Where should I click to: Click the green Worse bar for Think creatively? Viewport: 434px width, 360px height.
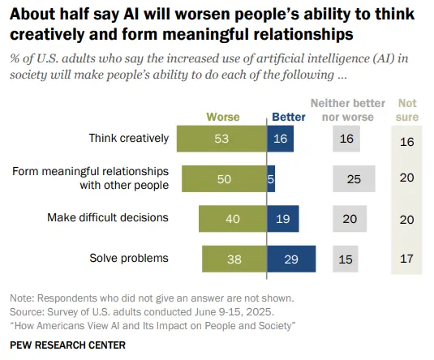click(221, 139)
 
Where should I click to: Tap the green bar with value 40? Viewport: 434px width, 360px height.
click(233, 218)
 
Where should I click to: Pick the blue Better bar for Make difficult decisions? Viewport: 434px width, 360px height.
click(282, 218)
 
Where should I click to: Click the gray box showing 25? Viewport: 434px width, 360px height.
click(354, 178)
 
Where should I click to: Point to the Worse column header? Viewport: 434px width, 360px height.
click(223, 117)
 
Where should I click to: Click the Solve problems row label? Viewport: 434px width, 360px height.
click(128, 259)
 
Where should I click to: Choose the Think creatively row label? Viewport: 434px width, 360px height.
click(128, 139)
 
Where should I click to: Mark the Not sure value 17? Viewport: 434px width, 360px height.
click(407, 259)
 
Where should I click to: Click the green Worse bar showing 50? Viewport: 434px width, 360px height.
click(224, 178)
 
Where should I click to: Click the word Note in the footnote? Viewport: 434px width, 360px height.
click(22, 298)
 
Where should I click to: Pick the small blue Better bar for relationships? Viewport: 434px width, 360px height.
click(271, 178)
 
